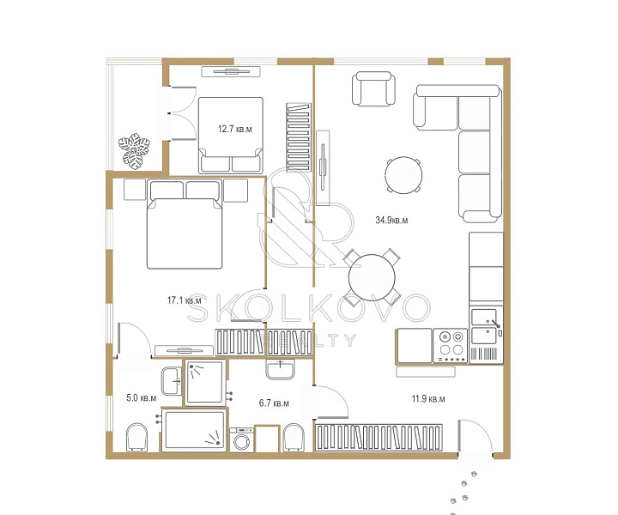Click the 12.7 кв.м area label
coord(235,129)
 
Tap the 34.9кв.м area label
coord(391,221)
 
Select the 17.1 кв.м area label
coord(184,300)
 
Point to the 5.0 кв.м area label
coord(141,398)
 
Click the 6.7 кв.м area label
coord(274,403)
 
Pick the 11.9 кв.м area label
coord(428,399)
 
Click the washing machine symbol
coord(241,439)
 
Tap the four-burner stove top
coord(451,346)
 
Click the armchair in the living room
coord(373,88)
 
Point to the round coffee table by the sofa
coord(403,175)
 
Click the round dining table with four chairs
coord(372,277)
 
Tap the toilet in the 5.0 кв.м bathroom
coord(136,438)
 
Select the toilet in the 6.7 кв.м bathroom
coord(294,438)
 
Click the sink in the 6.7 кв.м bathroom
coord(280,369)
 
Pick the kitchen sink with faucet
coord(486,326)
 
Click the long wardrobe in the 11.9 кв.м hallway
coord(379,438)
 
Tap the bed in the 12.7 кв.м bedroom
coord(231,135)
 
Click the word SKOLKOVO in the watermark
coord(308,308)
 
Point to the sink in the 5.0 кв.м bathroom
coord(172,380)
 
